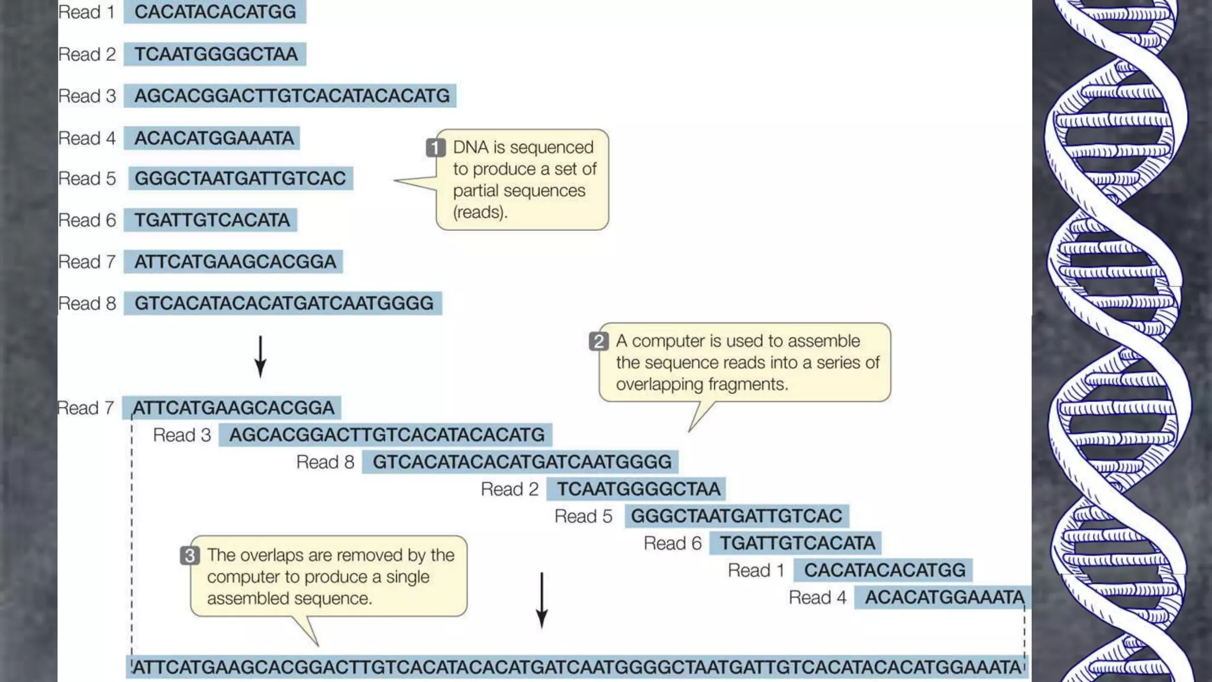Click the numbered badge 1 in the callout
pos(436,147)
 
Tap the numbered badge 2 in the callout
pos(598,341)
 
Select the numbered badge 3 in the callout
pos(189,555)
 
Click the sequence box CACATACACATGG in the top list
pos(215,12)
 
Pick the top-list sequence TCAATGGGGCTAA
pos(215,54)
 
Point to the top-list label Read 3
pos(87,96)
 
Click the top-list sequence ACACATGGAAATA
pos(214,138)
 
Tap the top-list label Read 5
pos(87,178)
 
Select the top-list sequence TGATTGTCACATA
pos(212,220)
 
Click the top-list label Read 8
pos(87,303)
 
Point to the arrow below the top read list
pos(260,356)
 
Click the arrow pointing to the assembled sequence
pos(541,600)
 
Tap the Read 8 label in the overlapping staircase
pos(325,462)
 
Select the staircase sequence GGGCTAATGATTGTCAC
pos(736,516)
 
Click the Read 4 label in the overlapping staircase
pos(817,597)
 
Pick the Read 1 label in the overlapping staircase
pos(756,570)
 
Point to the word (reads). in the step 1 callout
pos(480,212)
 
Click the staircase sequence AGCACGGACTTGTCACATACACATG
pos(386,435)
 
